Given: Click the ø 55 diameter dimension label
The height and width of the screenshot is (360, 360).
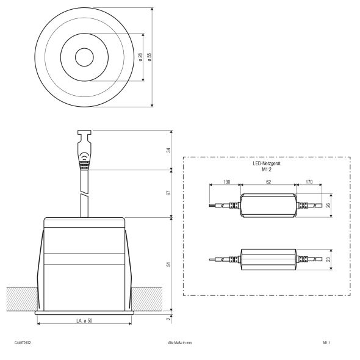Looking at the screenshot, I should point(149,56).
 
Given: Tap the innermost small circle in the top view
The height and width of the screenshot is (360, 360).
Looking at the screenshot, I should point(84,58).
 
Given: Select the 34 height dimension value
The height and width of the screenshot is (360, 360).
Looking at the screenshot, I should point(169,149).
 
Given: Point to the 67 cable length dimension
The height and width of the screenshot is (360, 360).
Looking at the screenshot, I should point(169,193).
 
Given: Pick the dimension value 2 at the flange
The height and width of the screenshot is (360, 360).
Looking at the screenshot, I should point(169,318).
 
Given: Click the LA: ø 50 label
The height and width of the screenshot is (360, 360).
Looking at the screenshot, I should point(84,321).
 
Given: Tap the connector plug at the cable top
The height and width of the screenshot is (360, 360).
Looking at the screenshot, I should point(84,153).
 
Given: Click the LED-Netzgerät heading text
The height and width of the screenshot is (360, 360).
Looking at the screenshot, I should point(266,165).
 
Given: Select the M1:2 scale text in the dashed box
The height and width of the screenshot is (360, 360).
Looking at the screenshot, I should point(266,170).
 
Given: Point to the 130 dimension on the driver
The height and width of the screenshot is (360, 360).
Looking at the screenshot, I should point(226,182).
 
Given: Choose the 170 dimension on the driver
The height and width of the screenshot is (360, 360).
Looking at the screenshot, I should point(309,182).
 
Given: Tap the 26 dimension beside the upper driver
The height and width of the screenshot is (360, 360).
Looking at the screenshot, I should point(328,206).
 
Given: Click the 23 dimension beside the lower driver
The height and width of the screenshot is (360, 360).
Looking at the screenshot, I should point(328,260).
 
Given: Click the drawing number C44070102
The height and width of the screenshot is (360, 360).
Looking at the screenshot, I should point(22,343).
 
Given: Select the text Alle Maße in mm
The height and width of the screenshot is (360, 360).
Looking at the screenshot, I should point(179,343).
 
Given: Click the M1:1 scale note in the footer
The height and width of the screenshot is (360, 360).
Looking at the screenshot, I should point(326,343).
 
